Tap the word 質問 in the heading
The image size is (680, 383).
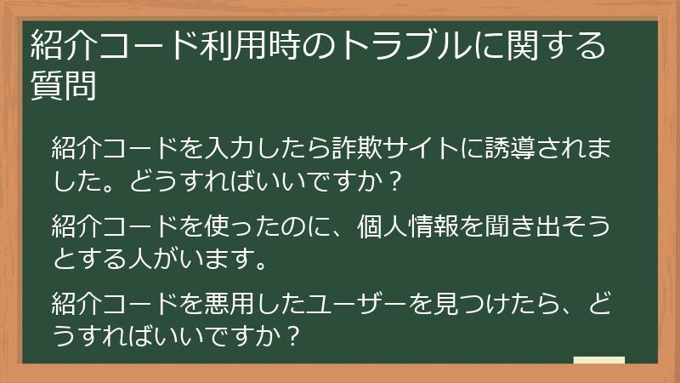click(63, 86)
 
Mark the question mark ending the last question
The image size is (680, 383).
click(292, 334)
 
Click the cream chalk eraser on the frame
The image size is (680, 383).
click(598, 361)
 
